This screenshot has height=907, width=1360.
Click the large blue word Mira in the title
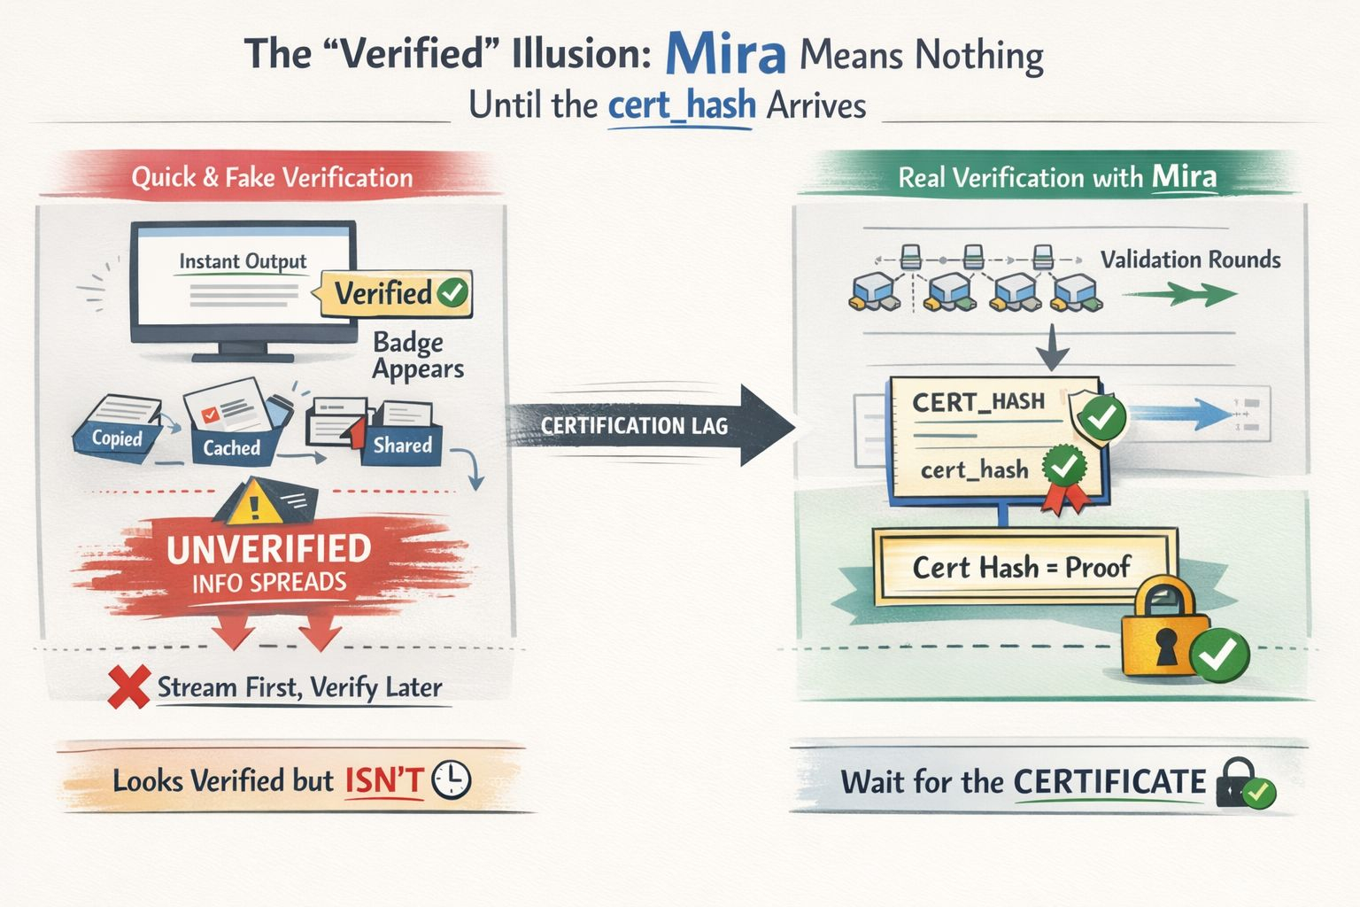[725, 54]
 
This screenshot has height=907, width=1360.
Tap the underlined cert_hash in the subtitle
[682, 106]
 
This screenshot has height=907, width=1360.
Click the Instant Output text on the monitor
[243, 261]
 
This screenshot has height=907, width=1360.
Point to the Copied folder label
[117, 438]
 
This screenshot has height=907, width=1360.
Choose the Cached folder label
[231, 447]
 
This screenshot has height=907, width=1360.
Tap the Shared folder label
[402, 445]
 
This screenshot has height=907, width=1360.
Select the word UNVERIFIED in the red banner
[269, 549]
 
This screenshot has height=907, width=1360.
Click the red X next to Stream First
[128, 688]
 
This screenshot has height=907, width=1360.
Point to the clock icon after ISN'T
[452, 780]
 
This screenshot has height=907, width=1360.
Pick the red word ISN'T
[384, 781]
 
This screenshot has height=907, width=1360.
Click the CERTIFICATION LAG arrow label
[634, 426]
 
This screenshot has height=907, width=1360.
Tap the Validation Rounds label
[1190, 260]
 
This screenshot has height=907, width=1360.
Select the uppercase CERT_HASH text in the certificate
[978, 402]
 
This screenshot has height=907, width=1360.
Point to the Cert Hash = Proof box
[1022, 567]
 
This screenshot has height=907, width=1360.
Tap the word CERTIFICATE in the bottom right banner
[1109, 782]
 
